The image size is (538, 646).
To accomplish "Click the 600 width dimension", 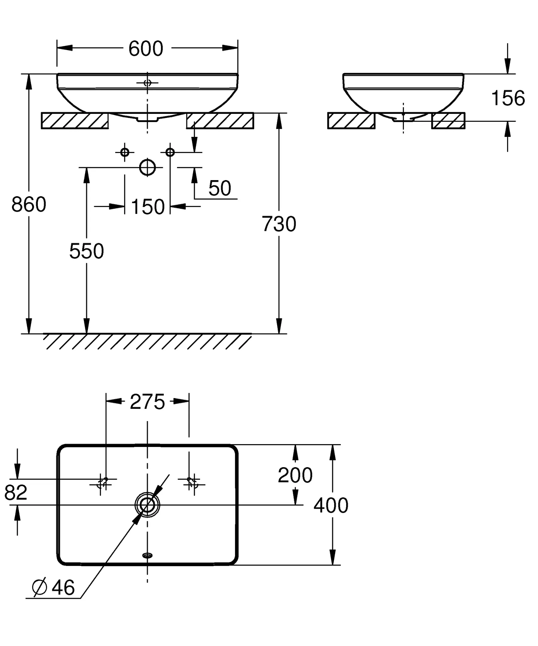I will (x=146, y=49).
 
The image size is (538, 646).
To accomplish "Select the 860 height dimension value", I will (x=29, y=204).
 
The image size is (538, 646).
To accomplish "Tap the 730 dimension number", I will (x=279, y=224).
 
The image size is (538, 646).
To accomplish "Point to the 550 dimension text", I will (x=87, y=251).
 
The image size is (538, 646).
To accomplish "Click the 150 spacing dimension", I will (x=148, y=207).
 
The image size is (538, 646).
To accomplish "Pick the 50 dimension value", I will (x=220, y=188).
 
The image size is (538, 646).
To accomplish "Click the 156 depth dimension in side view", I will (x=508, y=98).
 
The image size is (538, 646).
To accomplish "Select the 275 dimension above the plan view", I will (x=147, y=402).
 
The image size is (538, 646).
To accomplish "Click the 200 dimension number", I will (x=295, y=475).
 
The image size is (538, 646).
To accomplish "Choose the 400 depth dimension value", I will (x=331, y=505).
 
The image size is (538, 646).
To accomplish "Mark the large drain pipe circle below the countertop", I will (x=147, y=167).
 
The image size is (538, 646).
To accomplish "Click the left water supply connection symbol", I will (x=125, y=152).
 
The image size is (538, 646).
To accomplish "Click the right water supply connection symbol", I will (x=170, y=152).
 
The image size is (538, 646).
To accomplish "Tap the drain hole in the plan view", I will (x=147, y=505).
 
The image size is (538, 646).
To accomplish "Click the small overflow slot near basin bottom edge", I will (x=147, y=555).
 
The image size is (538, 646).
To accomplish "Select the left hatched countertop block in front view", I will (x=75, y=121).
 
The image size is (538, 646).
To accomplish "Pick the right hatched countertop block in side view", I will (x=448, y=121).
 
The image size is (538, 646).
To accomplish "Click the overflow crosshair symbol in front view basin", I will (x=147, y=83).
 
